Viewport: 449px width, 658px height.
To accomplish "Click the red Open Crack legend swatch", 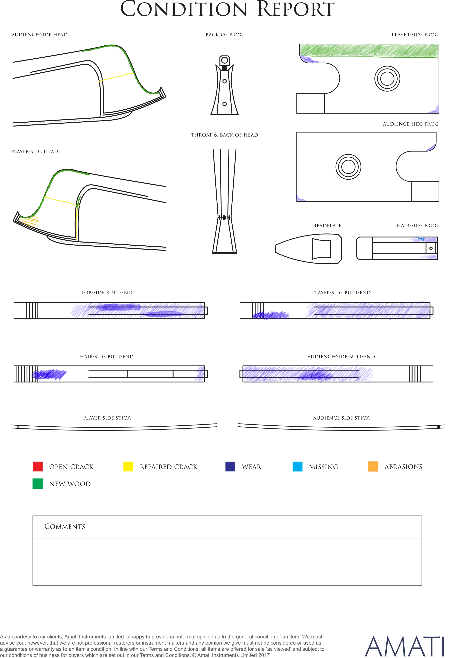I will [38, 466].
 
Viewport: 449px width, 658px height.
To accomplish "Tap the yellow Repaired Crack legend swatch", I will [128, 466].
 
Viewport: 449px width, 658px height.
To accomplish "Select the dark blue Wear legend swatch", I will [230, 466].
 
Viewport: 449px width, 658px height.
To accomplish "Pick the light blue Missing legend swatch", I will [297, 466].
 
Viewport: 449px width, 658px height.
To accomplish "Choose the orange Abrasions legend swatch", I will [373, 466].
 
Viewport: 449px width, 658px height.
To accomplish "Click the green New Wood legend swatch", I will [38, 484].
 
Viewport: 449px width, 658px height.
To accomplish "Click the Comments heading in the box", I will [65, 526].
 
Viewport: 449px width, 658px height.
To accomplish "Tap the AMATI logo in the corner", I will [404, 646].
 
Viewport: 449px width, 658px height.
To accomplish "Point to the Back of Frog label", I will [224, 35].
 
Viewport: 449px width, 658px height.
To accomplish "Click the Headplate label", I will [327, 226].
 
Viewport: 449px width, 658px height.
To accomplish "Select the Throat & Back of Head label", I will [224, 135].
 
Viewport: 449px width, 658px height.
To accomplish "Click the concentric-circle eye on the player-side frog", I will [387, 79].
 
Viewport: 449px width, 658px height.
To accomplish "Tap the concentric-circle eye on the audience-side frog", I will [348, 167].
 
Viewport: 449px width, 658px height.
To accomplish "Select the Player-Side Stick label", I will [107, 418].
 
